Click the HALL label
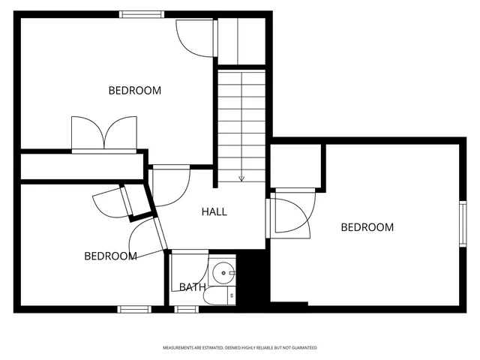pyautogui.click(x=214, y=211)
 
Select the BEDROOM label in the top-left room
pyautogui.click(x=135, y=91)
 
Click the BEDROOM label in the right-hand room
pyautogui.click(x=367, y=227)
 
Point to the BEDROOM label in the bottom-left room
pyautogui.click(x=110, y=256)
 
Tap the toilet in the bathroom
pyautogui.click(x=220, y=297)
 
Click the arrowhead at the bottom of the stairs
pyautogui.click(x=241, y=178)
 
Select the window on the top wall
pyautogui.click(x=142, y=13)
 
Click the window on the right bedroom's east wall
pyautogui.click(x=463, y=223)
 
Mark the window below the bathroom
pyautogui.click(x=187, y=308)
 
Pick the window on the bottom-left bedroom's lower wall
pyautogui.click(x=134, y=308)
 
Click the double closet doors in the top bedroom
pyautogui.click(x=104, y=134)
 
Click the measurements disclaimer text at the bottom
pyautogui.click(x=240, y=348)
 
